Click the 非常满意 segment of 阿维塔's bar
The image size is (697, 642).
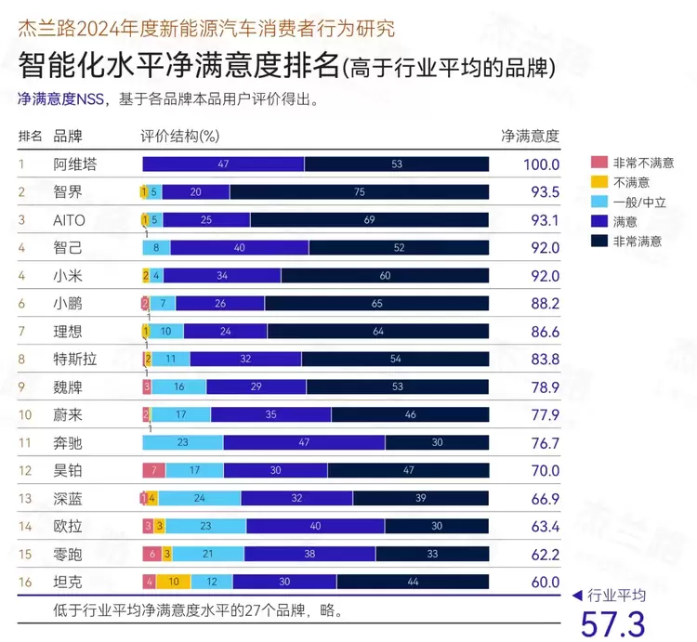pyautogui.click(x=397, y=164)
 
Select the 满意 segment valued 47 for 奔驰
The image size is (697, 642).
pyautogui.click(x=305, y=443)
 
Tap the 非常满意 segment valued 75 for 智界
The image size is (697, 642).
pyautogui.click(x=360, y=192)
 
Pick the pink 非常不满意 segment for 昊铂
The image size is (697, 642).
pyautogui.click(x=154, y=471)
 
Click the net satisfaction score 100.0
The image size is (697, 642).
pyautogui.click(x=540, y=164)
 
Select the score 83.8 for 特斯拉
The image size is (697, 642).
pyautogui.click(x=540, y=360)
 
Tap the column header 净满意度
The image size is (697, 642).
pyautogui.click(x=530, y=137)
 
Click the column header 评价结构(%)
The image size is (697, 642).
pyautogui.click(x=179, y=137)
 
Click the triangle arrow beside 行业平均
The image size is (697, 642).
pyautogui.click(x=577, y=596)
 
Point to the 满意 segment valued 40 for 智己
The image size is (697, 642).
pyautogui.click(x=240, y=248)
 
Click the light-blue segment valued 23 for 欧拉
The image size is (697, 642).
pyautogui.click(x=206, y=527)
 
